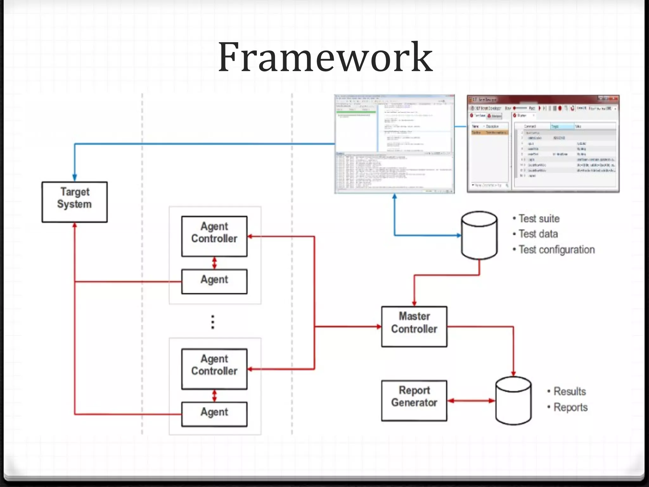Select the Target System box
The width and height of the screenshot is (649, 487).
coord(75,202)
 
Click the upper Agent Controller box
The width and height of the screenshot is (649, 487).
coord(214,236)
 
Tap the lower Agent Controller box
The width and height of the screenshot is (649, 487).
coord(214,369)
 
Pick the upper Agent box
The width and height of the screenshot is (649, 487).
coord(214,281)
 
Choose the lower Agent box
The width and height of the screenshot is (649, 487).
coord(214,414)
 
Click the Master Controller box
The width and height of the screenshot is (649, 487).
coord(414,326)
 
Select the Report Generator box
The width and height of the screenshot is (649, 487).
coord(414,400)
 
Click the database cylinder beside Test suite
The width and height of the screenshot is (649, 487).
coord(479,235)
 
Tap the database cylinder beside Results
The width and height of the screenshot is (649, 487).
coord(513,400)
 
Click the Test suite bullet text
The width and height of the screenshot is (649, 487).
coord(539,219)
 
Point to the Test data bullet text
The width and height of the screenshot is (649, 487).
coord(538,234)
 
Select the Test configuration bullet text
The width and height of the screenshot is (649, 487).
coord(556,250)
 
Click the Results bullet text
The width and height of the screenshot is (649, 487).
coord(569,391)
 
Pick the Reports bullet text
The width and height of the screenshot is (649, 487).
coord(570,407)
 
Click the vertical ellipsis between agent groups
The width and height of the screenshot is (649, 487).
coord(213,322)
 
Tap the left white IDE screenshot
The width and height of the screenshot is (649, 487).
coord(395,144)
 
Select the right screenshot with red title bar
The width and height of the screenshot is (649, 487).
coord(543,144)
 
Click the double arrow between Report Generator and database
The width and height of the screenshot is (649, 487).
coord(471,401)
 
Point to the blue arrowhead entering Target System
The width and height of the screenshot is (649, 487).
coord(75,178)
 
